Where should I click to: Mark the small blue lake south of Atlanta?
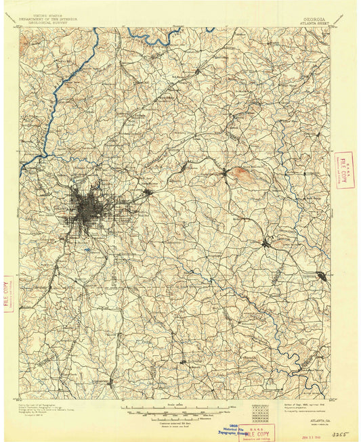89,250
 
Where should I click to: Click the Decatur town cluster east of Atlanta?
148,192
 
